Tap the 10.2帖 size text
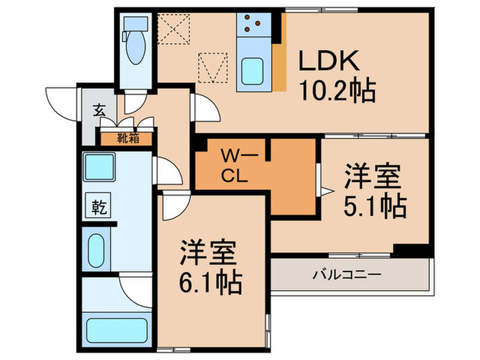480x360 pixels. pyautogui.click(x=335, y=89)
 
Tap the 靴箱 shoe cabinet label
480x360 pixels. pyautogui.click(x=128, y=138)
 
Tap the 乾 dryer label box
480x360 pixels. pyautogui.click(x=97, y=206)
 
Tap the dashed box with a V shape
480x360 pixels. pyautogui.click(x=213, y=67)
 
